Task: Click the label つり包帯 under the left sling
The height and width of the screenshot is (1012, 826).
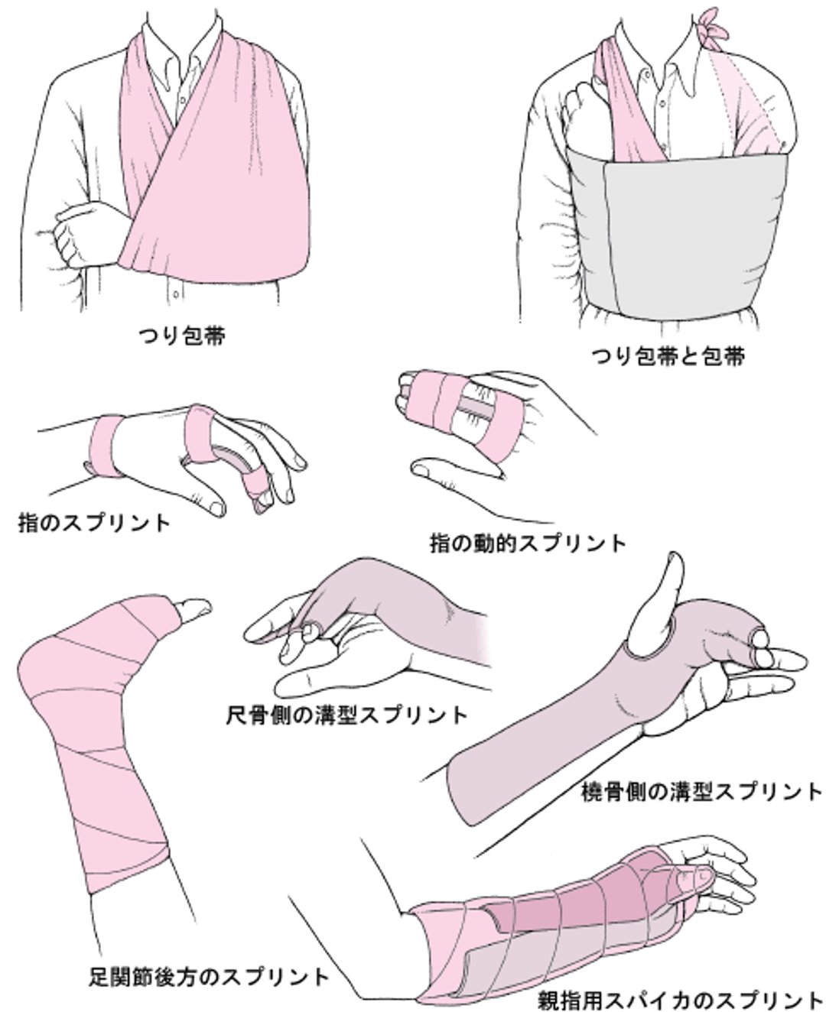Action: (x=181, y=336)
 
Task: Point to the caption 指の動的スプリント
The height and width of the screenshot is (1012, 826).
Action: (x=528, y=543)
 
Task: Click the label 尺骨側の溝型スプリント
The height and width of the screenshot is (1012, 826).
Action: (x=346, y=715)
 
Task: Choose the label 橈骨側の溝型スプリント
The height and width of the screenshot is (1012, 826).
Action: (x=701, y=791)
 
